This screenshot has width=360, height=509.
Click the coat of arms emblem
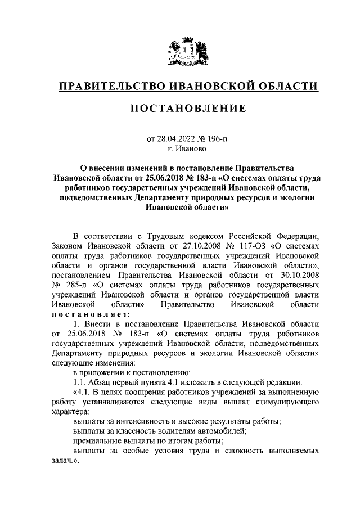point(180,51)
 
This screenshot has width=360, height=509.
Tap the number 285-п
point(67,285)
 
